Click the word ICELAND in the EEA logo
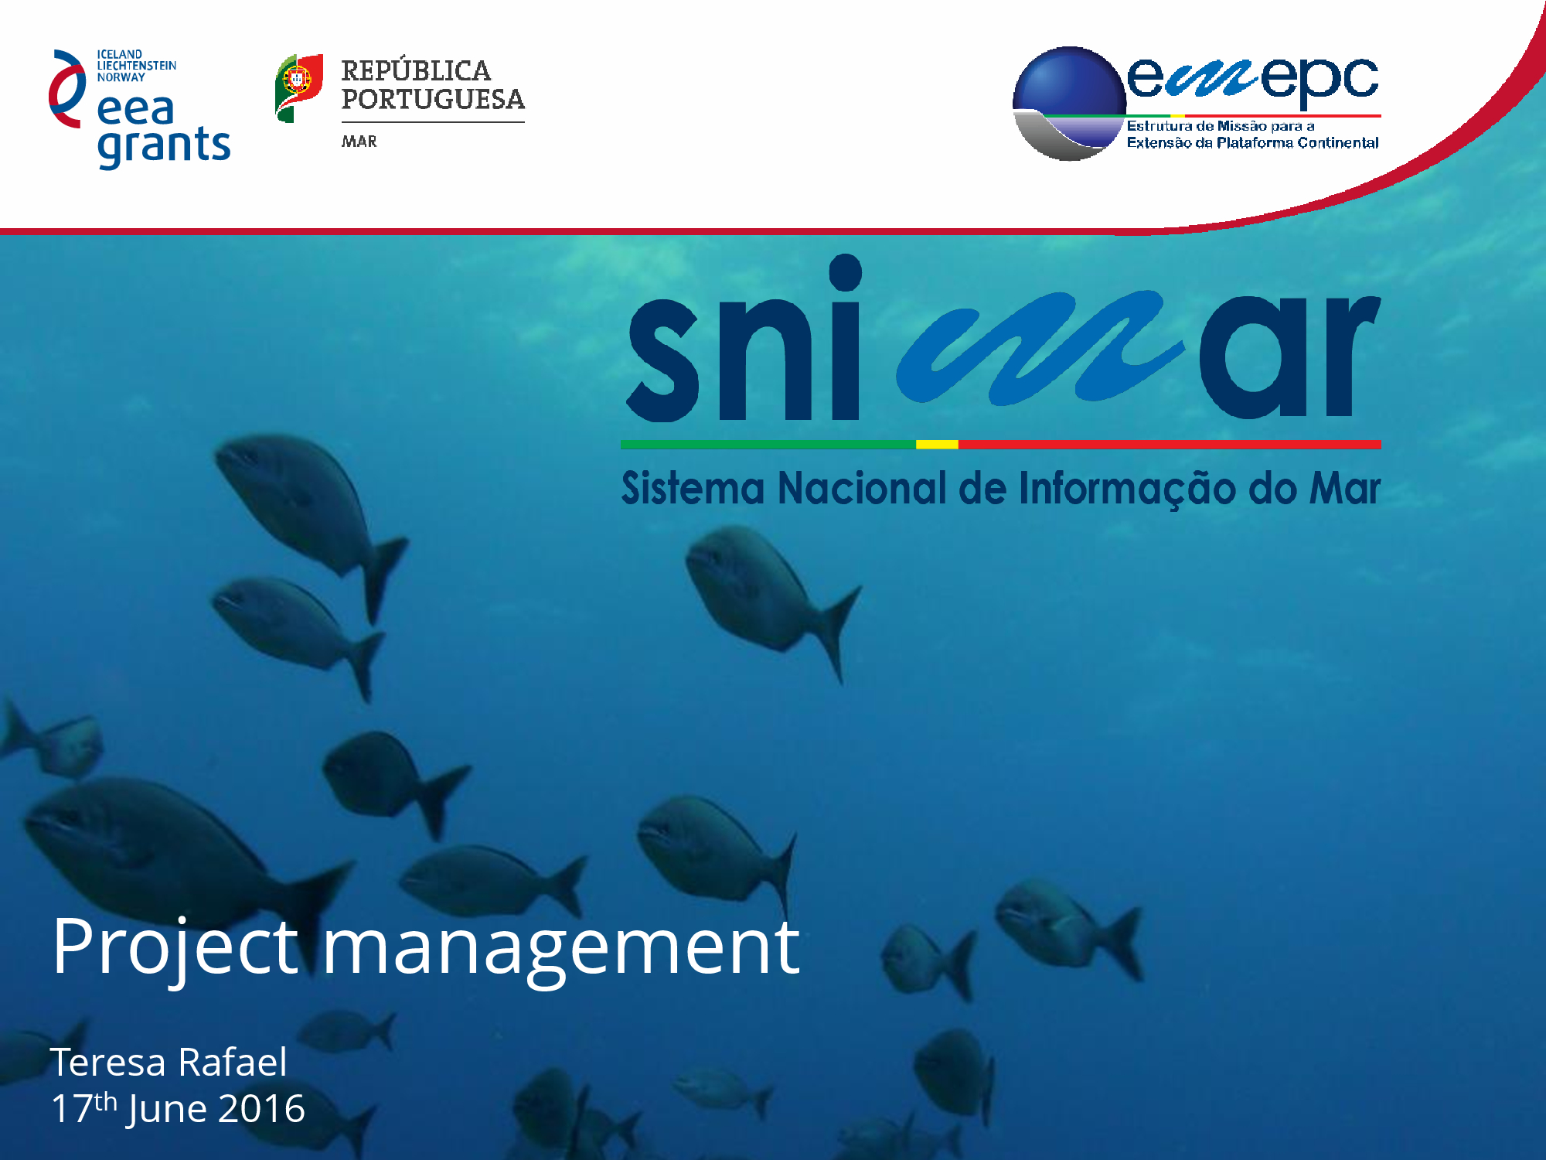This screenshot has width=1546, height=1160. point(120,54)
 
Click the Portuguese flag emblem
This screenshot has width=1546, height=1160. point(299,87)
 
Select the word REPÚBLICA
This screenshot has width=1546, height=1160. point(416,70)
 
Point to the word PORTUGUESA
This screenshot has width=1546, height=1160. point(433,99)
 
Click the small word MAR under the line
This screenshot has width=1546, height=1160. point(359,142)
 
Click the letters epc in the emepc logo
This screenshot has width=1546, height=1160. point(1320,80)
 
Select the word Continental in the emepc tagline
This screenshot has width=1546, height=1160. point(1338,142)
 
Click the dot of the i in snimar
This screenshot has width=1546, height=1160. point(846,272)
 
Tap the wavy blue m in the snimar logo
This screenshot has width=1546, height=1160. point(1040,348)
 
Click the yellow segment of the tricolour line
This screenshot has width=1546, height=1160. point(937,445)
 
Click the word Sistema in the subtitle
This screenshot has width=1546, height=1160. point(693,489)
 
